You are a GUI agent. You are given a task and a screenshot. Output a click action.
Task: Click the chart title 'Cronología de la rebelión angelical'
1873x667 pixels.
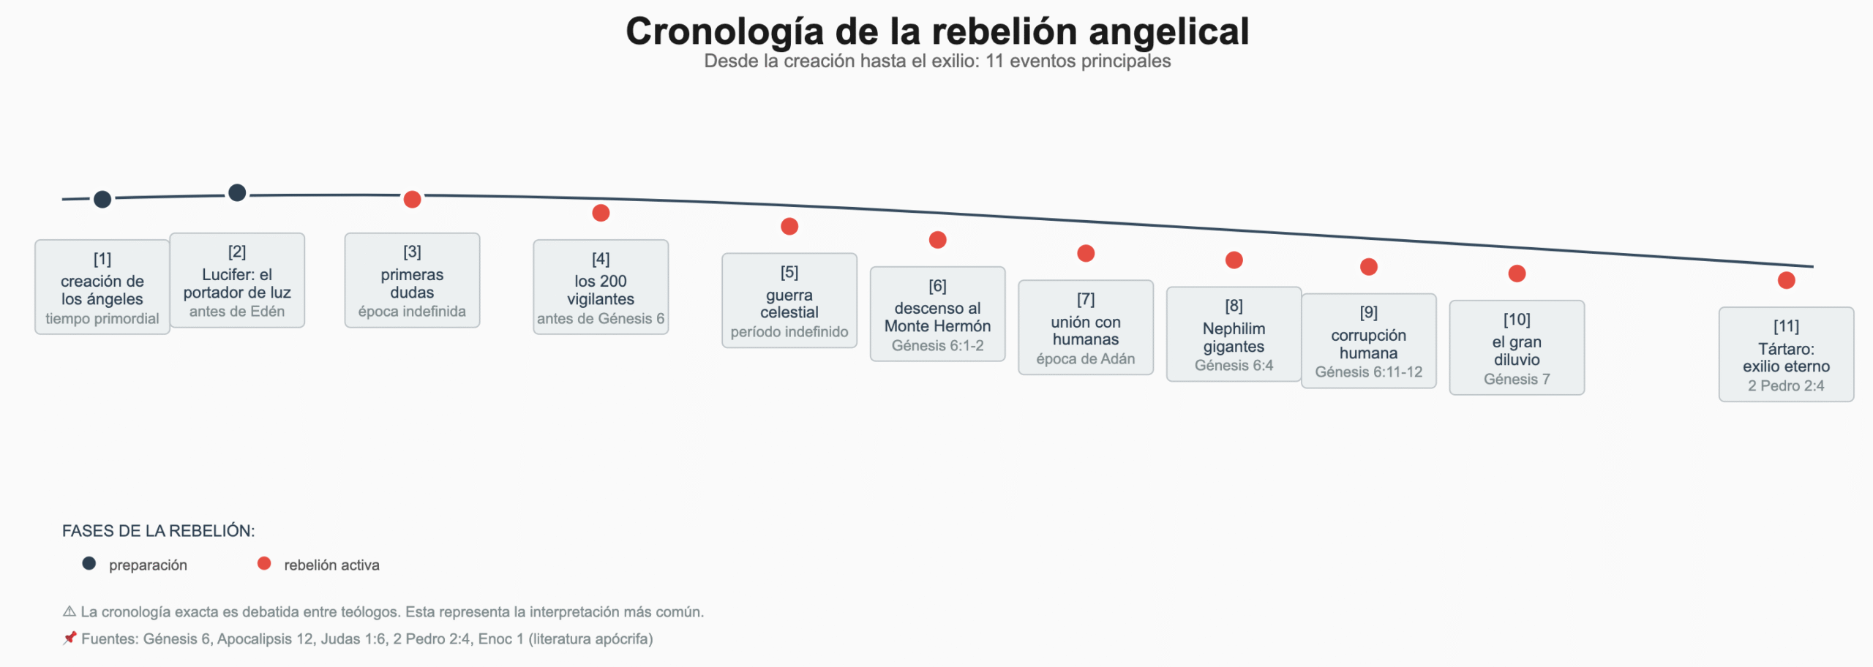point(937,31)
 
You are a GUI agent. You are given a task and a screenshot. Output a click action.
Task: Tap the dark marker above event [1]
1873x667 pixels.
point(102,199)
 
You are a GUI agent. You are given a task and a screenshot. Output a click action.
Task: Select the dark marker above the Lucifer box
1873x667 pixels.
point(237,193)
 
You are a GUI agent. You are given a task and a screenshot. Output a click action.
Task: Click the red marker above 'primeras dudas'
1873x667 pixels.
point(412,199)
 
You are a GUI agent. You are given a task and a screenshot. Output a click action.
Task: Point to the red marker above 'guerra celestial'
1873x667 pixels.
point(789,227)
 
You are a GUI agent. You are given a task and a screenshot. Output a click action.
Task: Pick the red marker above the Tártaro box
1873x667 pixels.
point(1786,280)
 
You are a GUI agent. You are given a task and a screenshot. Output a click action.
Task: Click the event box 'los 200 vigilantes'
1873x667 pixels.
point(601,287)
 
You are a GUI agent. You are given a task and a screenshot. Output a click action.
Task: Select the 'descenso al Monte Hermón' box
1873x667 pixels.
point(937,314)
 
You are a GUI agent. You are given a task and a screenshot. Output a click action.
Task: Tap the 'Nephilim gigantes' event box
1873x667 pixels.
point(1234,334)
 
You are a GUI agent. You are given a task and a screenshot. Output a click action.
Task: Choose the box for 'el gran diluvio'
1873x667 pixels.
point(1517,348)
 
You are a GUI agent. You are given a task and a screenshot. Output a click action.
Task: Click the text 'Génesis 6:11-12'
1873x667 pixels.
point(1368,372)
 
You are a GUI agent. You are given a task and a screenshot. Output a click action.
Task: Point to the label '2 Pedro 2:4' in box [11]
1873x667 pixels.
point(1786,386)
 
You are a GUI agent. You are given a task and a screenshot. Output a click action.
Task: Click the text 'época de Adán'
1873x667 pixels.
point(1086,359)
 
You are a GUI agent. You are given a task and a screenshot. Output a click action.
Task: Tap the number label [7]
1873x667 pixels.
point(1086,300)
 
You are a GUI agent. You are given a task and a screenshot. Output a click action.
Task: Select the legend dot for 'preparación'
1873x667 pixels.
point(89,564)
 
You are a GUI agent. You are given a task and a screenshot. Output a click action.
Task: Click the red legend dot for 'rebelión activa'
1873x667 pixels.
point(264,564)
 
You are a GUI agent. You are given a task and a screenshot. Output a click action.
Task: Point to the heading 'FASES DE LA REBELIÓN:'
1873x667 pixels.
point(158,531)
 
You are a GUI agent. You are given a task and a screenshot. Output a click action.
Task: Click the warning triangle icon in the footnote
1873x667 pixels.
point(70,611)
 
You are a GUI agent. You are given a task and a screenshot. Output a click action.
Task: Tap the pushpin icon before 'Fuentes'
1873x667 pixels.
point(70,638)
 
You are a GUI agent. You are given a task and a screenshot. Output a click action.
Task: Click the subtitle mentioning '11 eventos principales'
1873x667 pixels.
point(937,61)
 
